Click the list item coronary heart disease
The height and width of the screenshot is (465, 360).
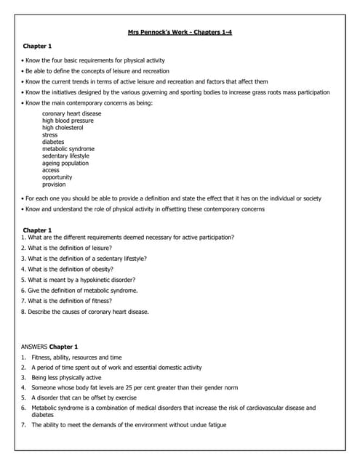pyautogui.click(x=71, y=113)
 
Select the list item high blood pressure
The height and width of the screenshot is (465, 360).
pyautogui.click(x=68, y=121)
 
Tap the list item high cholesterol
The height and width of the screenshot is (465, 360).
pyautogui.click(x=63, y=128)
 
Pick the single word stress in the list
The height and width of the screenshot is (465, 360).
pyautogui.click(x=49, y=135)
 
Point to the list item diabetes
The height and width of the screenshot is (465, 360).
pyautogui.click(x=53, y=142)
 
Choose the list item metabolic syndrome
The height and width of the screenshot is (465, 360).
pyautogui.click(x=68, y=149)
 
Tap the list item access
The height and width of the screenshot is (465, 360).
pyautogui.click(x=51, y=170)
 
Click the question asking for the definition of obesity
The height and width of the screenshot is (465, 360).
pyautogui.click(x=67, y=269)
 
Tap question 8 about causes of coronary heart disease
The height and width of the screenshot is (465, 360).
pyautogui.click(x=85, y=312)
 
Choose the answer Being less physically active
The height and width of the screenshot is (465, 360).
pyautogui.click(x=66, y=378)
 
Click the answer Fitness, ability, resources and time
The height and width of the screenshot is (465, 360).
pyautogui.click(x=76, y=357)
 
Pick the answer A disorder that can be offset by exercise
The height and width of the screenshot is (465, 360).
pyautogui.click(x=84, y=398)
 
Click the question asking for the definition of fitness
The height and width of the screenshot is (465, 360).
pyautogui.click(x=66, y=301)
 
